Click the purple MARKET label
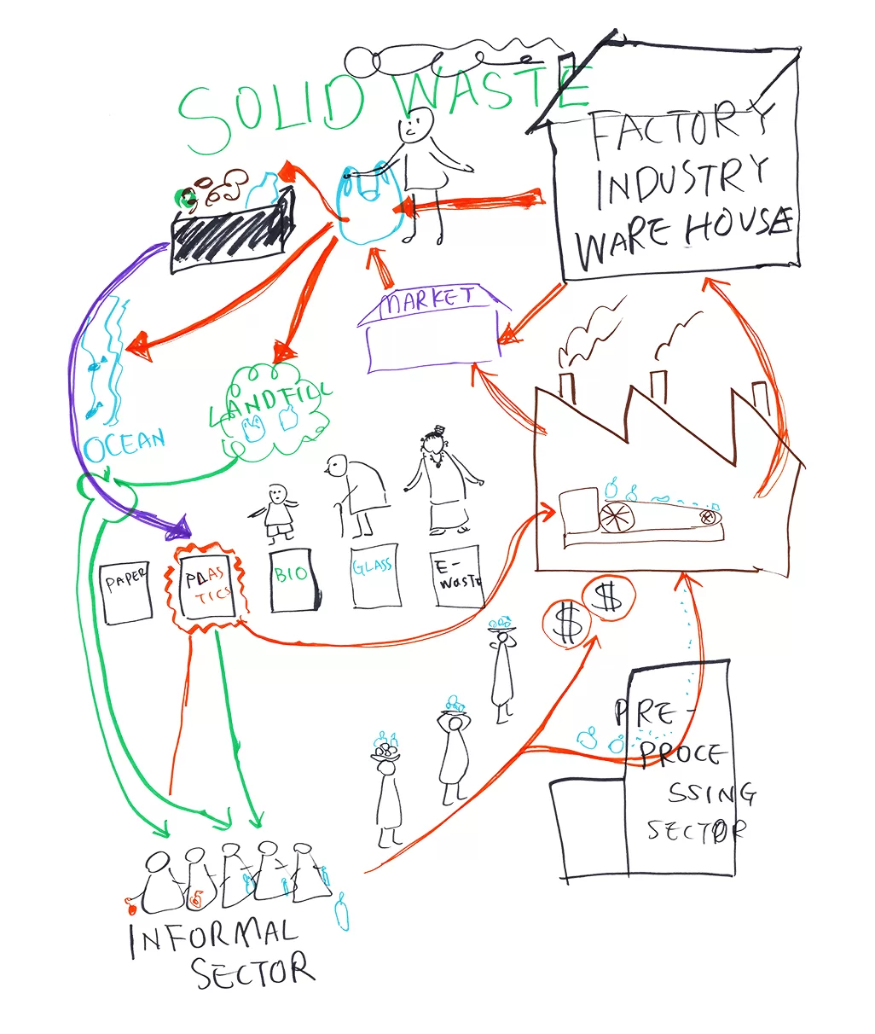click(x=428, y=301)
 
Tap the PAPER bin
click(x=125, y=590)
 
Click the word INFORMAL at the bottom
click(x=213, y=936)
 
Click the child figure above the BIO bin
click(x=277, y=514)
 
